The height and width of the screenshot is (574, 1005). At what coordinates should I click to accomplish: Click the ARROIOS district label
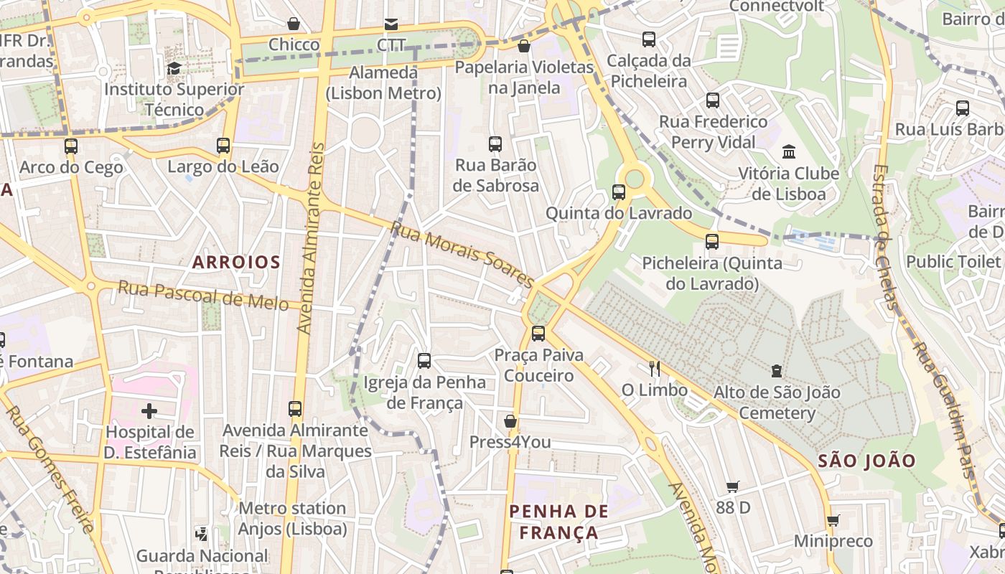click(236, 262)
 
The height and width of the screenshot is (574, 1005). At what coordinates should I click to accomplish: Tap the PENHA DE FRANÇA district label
click(558, 522)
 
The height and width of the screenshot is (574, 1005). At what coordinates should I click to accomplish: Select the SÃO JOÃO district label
click(866, 461)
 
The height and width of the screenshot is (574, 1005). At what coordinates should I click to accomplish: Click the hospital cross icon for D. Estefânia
click(149, 411)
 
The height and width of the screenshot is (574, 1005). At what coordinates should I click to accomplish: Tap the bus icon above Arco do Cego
click(71, 146)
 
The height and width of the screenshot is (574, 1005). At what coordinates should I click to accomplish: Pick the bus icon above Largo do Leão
click(223, 146)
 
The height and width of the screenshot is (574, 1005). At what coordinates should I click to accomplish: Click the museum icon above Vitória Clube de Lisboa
click(789, 152)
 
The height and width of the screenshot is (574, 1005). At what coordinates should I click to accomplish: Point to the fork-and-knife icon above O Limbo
click(654, 369)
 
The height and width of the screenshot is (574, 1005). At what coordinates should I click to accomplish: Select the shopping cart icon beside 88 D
click(732, 487)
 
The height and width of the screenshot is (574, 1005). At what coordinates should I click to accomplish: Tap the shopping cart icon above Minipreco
click(833, 520)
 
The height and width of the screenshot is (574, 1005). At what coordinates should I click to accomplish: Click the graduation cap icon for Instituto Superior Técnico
click(174, 69)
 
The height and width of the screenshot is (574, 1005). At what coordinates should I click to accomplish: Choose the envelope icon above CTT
click(391, 24)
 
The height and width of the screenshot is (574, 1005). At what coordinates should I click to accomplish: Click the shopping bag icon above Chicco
click(294, 24)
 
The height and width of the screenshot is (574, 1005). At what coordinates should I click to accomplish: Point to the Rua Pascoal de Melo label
click(203, 295)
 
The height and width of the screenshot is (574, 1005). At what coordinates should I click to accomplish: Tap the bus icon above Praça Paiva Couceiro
click(538, 334)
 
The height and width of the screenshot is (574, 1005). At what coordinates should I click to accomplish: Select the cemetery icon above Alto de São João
click(776, 371)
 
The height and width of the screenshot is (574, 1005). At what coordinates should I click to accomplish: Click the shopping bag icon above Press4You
click(510, 420)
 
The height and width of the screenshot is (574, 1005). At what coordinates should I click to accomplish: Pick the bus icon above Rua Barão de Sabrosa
click(495, 144)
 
